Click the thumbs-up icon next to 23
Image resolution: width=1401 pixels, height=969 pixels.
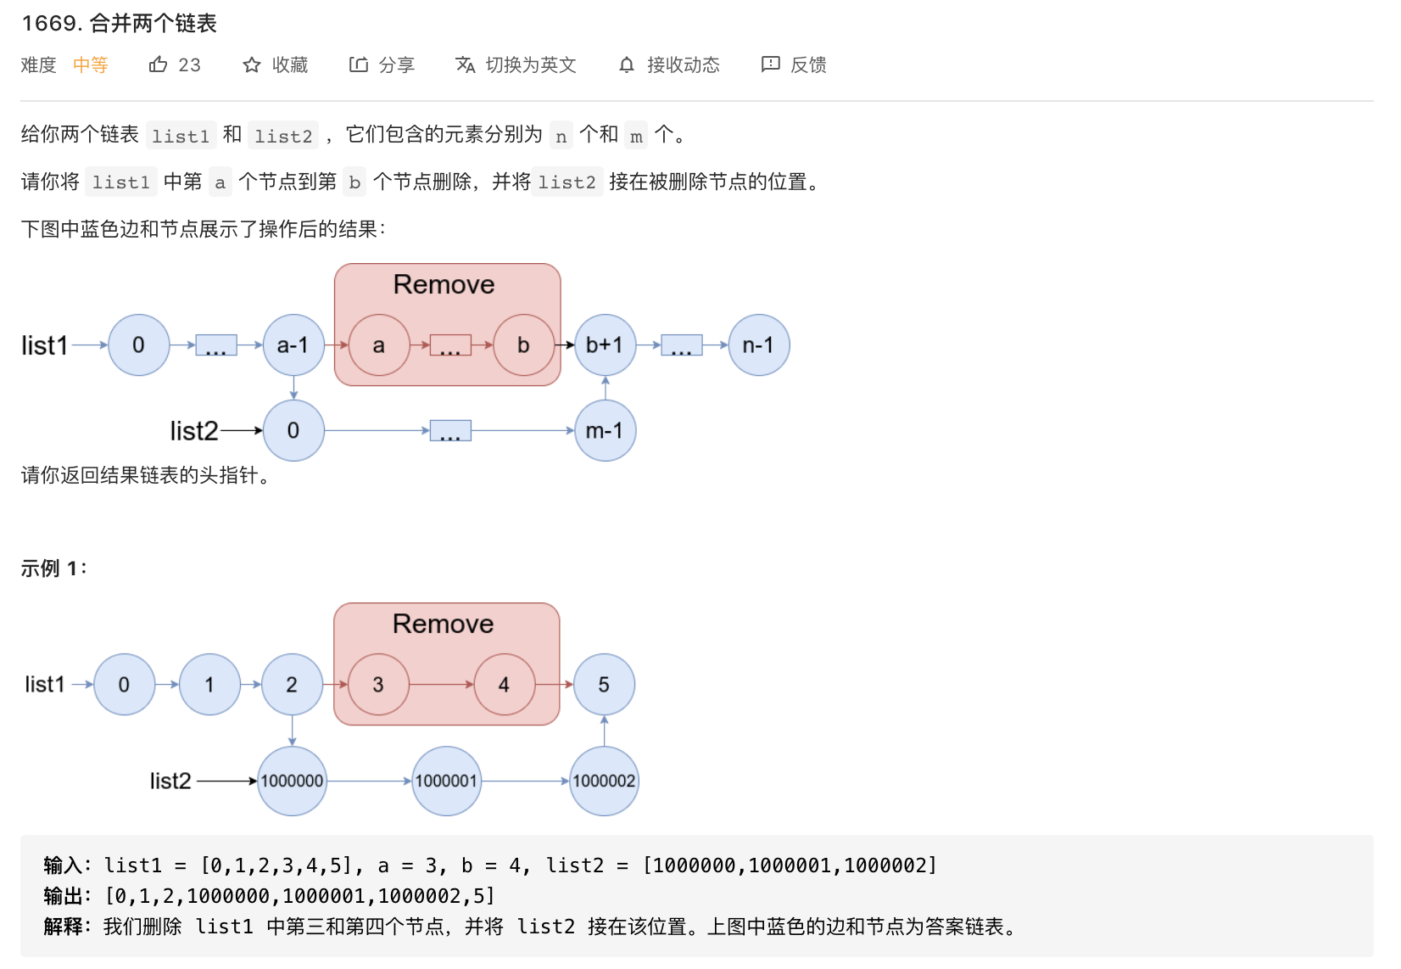point(158,64)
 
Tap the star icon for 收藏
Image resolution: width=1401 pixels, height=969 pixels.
point(252,64)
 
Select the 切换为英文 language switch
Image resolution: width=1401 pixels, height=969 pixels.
point(516,64)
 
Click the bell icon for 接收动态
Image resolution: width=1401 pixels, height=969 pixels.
point(627,64)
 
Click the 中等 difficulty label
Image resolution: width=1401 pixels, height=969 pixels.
point(91,64)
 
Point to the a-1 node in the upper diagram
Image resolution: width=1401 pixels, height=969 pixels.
point(293,345)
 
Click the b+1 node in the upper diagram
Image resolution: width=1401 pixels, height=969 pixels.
point(605,345)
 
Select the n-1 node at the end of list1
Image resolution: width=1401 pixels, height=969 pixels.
point(758,345)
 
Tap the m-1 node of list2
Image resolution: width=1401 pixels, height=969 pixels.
point(605,431)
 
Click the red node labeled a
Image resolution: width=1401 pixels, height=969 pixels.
point(379,345)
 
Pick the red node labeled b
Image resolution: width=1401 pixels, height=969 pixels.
point(523,345)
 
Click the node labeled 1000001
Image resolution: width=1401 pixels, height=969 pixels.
point(446,781)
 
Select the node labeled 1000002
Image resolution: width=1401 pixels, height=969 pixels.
point(604,781)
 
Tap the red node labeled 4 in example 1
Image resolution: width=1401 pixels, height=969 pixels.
point(505,685)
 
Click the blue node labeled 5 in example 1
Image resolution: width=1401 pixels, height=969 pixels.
point(604,685)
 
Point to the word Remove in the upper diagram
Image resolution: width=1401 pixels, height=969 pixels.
point(444,284)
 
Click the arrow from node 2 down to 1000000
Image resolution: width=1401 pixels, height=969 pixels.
point(293,730)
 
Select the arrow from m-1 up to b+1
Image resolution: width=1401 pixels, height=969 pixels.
point(605,388)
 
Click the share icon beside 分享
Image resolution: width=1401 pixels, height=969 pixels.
point(359,64)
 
